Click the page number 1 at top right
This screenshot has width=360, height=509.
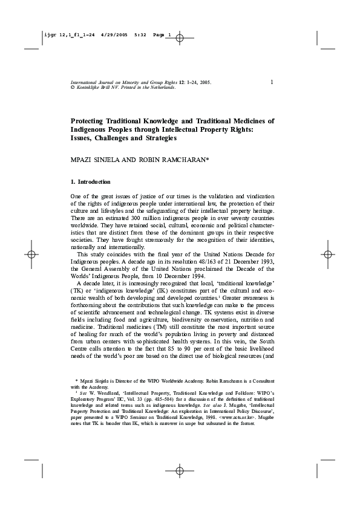click(x=272, y=82)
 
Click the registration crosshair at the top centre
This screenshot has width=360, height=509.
click(x=180, y=37)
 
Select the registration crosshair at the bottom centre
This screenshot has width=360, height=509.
click(x=180, y=470)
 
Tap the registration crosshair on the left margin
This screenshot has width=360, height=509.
click(x=31, y=254)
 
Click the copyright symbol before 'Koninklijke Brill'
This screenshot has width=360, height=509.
click(x=73, y=88)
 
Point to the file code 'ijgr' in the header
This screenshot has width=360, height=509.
click(x=49, y=35)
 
